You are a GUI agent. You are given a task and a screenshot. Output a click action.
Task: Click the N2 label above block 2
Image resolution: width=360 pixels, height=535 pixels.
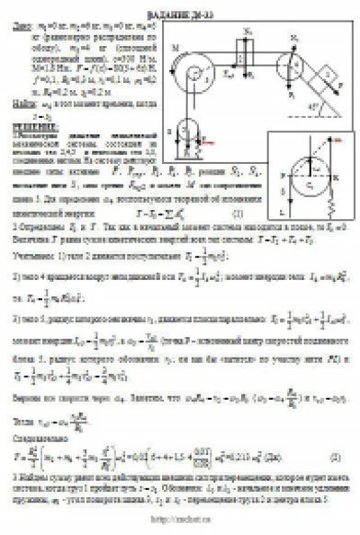click(249, 30)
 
